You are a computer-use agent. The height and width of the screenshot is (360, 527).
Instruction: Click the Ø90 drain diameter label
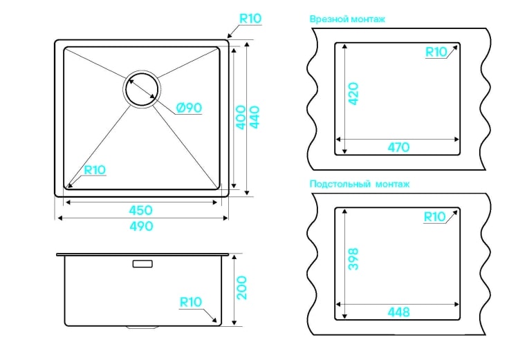(189, 108)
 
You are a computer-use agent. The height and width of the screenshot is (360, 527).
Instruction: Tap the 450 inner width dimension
(141, 210)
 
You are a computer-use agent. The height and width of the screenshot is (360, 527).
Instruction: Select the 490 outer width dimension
(142, 226)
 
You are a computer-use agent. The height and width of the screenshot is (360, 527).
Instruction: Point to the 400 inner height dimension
(241, 117)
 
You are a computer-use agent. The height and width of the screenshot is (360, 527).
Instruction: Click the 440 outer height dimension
(255, 117)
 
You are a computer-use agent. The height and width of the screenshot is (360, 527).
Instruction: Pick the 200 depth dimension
(241, 288)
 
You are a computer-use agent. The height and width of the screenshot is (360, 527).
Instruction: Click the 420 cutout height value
(353, 94)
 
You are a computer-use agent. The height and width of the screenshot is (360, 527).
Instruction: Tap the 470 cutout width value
(398, 147)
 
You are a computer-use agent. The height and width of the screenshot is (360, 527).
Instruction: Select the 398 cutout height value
(353, 259)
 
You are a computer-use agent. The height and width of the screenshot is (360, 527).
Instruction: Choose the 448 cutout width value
(398, 312)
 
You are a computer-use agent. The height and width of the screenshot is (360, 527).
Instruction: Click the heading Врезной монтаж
(347, 19)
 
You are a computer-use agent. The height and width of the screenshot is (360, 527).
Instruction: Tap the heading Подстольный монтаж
(360, 184)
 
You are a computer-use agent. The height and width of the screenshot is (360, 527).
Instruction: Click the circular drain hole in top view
(142, 89)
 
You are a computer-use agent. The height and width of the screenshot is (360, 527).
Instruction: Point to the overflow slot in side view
(142, 264)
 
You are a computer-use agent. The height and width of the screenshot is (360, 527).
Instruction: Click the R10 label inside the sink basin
(95, 170)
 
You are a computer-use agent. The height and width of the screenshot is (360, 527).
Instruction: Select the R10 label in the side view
(191, 302)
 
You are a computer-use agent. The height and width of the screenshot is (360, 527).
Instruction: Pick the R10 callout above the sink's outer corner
(250, 19)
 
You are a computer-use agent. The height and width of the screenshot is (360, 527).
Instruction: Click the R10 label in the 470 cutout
(436, 52)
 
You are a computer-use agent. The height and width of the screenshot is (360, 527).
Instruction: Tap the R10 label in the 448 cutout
(434, 217)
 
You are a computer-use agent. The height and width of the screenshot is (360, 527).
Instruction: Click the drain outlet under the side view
(142, 327)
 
